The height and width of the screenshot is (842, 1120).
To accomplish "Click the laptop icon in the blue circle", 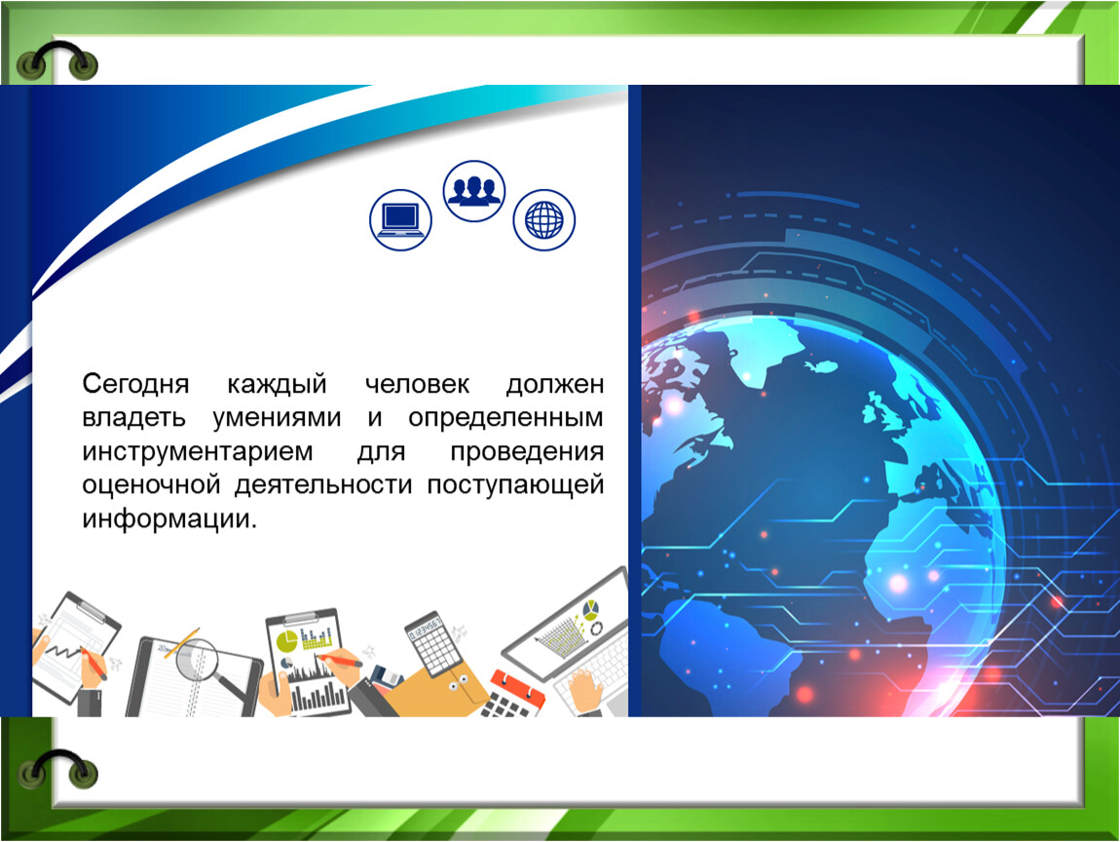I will (x=400, y=219).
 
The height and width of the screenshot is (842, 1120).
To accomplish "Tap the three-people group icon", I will (x=474, y=191).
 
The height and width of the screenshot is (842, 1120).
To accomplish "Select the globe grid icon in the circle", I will (x=543, y=219).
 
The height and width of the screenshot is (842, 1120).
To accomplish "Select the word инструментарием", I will (x=199, y=452).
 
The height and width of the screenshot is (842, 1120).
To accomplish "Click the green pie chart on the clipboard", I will (x=287, y=640).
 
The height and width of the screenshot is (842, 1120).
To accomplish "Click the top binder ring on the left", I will (x=58, y=60).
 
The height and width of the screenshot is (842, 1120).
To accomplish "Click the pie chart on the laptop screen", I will (x=591, y=610).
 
